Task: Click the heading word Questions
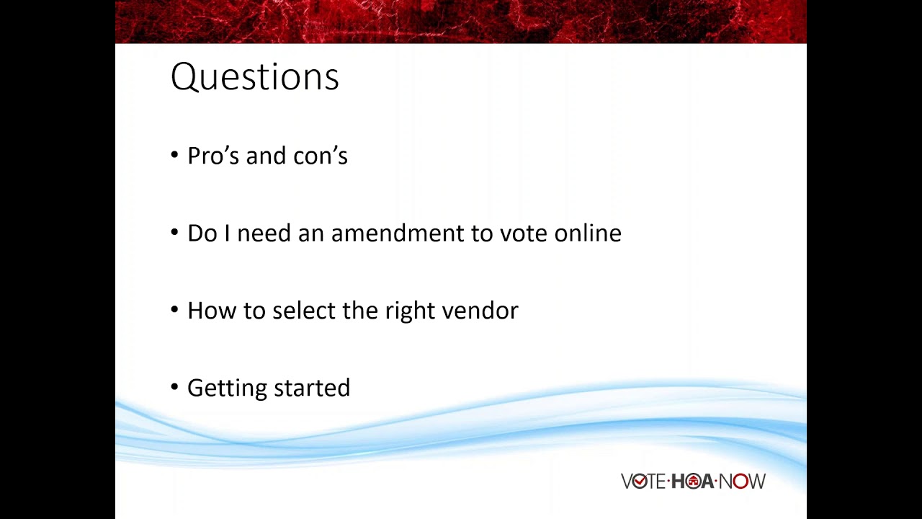[254, 76]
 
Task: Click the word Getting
[227, 388]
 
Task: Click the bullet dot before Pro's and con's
[174, 154]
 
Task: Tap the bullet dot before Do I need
[174, 232]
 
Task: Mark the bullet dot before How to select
[174, 309]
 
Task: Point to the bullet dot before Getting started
[174, 386]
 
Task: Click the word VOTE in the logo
[643, 482]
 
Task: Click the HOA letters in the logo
[692, 482]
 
